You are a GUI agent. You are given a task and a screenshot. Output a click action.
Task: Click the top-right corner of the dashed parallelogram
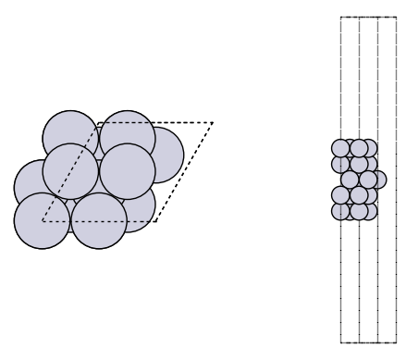213,123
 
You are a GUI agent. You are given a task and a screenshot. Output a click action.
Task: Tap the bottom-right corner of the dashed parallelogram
156,222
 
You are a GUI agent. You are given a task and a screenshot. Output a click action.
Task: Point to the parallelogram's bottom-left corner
42,222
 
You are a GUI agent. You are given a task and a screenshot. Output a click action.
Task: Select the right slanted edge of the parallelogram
185,172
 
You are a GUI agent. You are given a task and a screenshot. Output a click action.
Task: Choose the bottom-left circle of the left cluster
42,220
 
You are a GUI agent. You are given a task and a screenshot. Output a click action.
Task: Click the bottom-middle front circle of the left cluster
99,222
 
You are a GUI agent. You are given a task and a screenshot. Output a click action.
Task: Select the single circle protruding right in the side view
378,180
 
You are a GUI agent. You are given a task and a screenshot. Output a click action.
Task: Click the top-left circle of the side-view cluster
339,148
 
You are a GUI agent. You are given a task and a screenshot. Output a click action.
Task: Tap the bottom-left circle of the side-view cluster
339,210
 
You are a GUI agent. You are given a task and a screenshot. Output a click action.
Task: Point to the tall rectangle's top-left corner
340,17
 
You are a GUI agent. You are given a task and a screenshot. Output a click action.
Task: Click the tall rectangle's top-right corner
397,17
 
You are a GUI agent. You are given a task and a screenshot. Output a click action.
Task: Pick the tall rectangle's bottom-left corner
340,341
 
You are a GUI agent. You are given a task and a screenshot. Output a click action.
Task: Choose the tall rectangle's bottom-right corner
397,341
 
